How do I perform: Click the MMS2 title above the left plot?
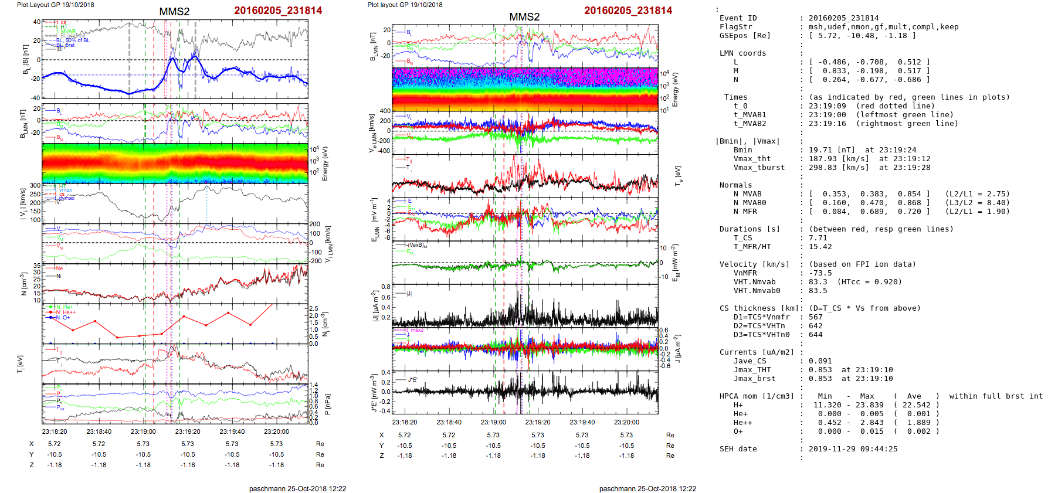(174, 12)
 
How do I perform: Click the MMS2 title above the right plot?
(524, 17)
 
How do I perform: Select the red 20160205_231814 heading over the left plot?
(278, 11)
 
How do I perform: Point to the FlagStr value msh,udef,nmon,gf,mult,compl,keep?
(883, 27)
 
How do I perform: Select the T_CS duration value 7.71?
(818, 238)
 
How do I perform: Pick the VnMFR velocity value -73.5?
(820, 273)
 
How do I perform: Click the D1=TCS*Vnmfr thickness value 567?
(815, 317)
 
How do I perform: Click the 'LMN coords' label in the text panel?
(742, 53)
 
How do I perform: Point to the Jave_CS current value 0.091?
(820, 361)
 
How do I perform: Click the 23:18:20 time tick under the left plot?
(55, 431)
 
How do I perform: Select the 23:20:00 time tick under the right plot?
(626, 422)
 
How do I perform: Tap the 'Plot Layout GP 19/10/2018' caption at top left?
(55, 5)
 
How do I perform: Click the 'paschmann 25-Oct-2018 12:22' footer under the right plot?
(647, 488)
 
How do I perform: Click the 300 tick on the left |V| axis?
(35, 186)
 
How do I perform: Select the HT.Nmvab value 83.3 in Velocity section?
(818, 282)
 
